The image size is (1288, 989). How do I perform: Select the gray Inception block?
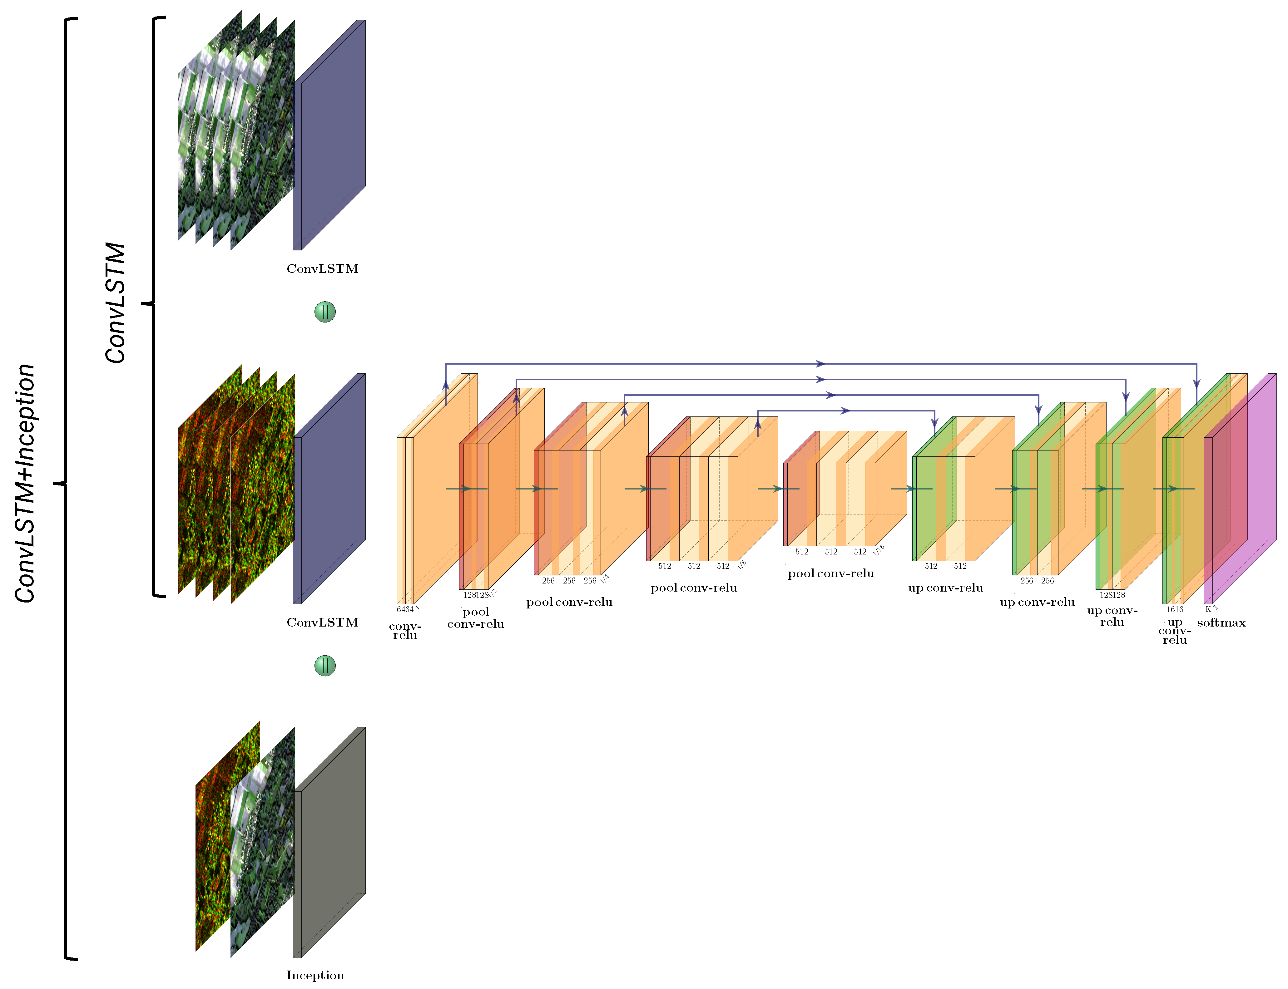tap(329, 842)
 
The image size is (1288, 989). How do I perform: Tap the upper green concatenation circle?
tap(324, 312)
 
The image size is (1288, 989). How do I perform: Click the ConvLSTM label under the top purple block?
tap(322, 269)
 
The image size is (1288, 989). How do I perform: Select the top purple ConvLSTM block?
tap(329, 135)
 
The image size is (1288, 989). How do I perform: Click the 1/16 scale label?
tap(878, 550)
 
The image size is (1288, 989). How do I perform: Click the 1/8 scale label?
tap(741, 564)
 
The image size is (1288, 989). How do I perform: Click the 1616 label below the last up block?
tap(1174, 609)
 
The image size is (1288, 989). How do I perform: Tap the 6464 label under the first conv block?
tap(404, 609)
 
